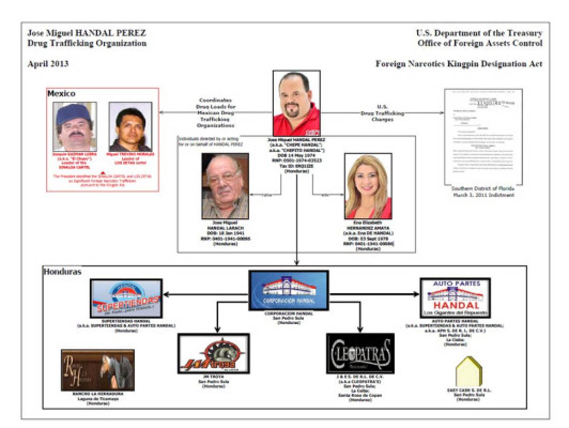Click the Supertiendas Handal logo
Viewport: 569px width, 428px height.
click(126, 298)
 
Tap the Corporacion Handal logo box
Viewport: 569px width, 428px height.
click(289, 290)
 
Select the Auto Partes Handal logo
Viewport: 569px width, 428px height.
click(455, 298)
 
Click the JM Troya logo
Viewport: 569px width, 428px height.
click(213, 353)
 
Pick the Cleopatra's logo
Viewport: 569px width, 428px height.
click(360, 353)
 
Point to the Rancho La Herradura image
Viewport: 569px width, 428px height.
click(97, 370)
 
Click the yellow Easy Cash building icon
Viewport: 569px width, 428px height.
click(469, 371)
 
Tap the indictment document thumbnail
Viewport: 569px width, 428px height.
click(482, 137)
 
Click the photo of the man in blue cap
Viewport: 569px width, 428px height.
click(75, 126)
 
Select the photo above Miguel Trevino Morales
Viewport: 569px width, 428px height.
click(130, 126)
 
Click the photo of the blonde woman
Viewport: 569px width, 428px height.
click(368, 186)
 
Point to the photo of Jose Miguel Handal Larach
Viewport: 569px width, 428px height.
click(225, 186)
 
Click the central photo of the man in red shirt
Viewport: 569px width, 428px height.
click(296, 103)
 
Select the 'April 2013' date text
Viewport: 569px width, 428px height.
click(48, 64)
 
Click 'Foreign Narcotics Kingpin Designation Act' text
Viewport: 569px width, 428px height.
click(459, 64)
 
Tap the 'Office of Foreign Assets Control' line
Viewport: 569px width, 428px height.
click(480, 43)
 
